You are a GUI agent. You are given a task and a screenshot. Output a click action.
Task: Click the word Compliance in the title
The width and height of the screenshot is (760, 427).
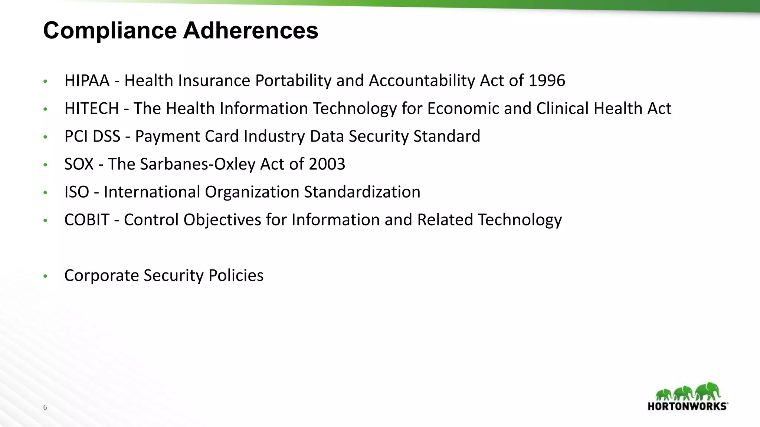110,30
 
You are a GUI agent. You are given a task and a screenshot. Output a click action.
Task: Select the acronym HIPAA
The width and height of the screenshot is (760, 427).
87,81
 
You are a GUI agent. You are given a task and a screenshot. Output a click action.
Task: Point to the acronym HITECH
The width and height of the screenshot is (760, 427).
91,109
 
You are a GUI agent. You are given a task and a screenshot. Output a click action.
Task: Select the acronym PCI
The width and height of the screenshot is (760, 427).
76,136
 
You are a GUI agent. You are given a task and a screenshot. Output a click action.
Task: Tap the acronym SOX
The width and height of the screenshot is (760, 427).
79,164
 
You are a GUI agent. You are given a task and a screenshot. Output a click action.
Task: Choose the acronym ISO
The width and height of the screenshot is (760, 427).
76,192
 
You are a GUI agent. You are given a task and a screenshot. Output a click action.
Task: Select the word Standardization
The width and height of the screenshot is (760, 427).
362,192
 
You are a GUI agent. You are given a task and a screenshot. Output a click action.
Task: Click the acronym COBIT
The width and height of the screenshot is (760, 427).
86,220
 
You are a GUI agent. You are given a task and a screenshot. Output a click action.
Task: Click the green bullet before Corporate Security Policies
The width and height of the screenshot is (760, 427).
45,276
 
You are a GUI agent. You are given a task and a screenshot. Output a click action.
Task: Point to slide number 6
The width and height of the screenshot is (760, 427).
45,407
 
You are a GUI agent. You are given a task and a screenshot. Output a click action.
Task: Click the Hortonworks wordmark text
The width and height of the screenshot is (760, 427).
687,406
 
